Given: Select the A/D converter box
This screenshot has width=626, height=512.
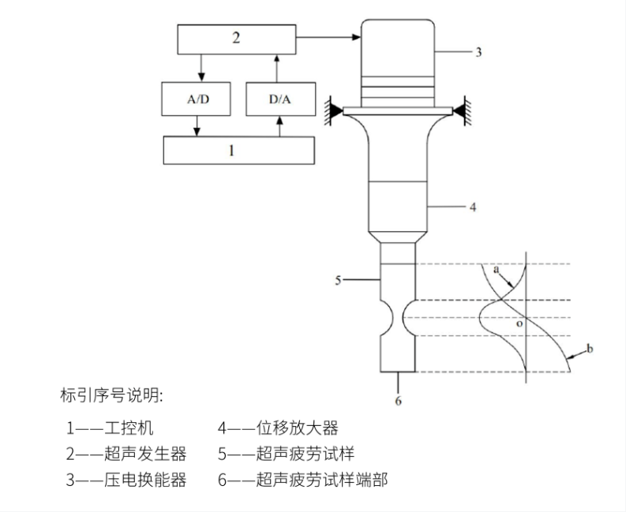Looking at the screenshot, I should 198,99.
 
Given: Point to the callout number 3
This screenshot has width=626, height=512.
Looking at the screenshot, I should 478,52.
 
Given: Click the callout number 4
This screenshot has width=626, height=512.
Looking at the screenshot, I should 472,208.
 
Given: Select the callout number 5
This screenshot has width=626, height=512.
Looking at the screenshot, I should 338,279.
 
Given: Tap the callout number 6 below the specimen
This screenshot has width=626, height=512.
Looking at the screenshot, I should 399,401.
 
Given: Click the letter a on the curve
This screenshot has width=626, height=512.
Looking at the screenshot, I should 497,270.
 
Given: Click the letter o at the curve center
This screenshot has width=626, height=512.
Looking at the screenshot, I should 518,323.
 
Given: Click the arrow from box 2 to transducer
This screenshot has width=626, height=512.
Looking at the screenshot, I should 327,36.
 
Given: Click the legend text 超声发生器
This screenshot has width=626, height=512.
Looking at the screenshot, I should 146,454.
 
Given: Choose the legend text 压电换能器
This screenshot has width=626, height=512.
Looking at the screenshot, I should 146,480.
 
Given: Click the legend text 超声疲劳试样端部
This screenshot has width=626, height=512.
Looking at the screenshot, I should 323,480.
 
